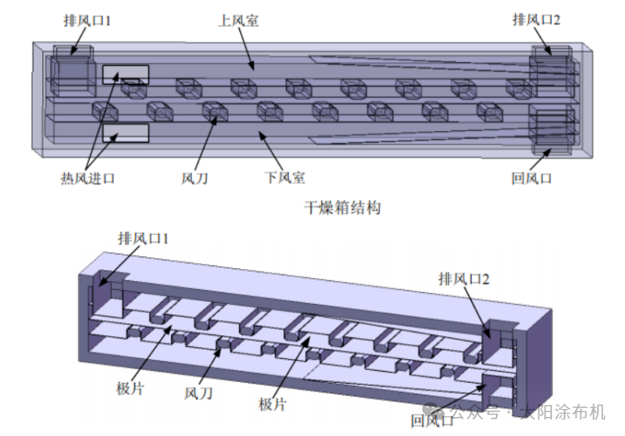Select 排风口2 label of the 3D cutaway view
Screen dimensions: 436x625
(x=464, y=279)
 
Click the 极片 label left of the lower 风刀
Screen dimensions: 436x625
(x=128, y=388)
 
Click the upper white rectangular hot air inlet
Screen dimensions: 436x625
(x=125, y=74)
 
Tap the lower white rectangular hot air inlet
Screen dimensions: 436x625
(x=125, y=132)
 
